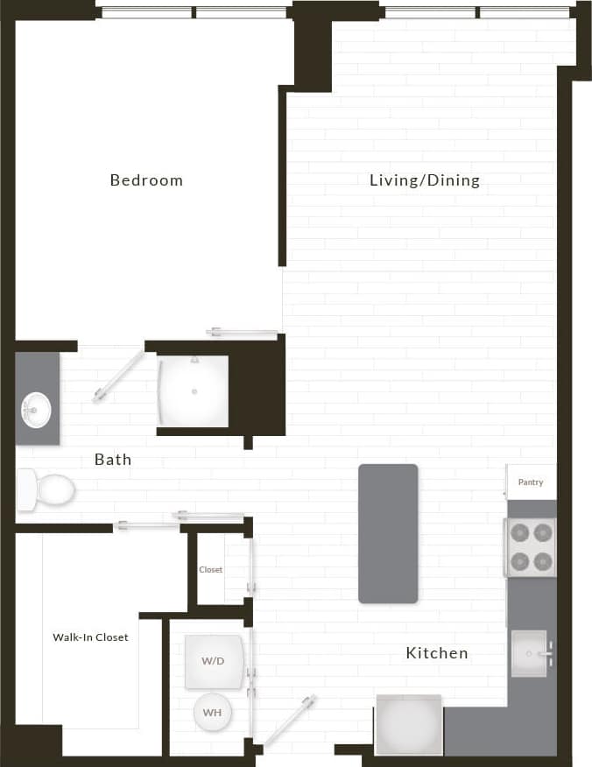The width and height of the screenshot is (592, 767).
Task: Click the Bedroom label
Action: [x=146, y=180]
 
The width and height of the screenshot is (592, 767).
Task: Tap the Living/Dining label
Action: [x=425, y=180]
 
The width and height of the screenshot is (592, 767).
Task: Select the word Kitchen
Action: [x=436, y=653]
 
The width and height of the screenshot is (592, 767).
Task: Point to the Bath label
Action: [x=113, y=459]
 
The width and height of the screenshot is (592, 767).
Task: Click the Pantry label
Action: [x=531, y=482]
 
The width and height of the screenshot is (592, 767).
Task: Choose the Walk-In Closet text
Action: [x=90, y=637]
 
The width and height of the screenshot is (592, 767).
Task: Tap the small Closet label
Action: [x=210, y=569]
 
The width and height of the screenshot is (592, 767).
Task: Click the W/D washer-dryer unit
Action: [x=213, y=661]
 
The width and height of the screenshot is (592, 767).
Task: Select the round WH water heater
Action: [x=212, y=712]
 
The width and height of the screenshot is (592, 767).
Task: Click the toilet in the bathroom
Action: [x=46, y=489]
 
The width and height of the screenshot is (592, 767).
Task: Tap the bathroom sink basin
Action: [x=36, y=408]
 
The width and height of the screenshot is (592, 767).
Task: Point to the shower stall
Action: [x=194, y=391]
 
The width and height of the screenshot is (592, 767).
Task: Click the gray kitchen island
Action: [x=388, y=533]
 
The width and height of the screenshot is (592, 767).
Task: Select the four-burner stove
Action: [x=531, y=546]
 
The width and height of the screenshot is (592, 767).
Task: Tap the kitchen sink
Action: [x=529, y=653]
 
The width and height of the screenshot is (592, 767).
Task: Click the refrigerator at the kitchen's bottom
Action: [x=408, y=724]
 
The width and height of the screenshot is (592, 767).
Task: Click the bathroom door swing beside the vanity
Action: [x=118, y=376]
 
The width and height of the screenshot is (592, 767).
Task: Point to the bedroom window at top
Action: [x=194, y=12]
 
